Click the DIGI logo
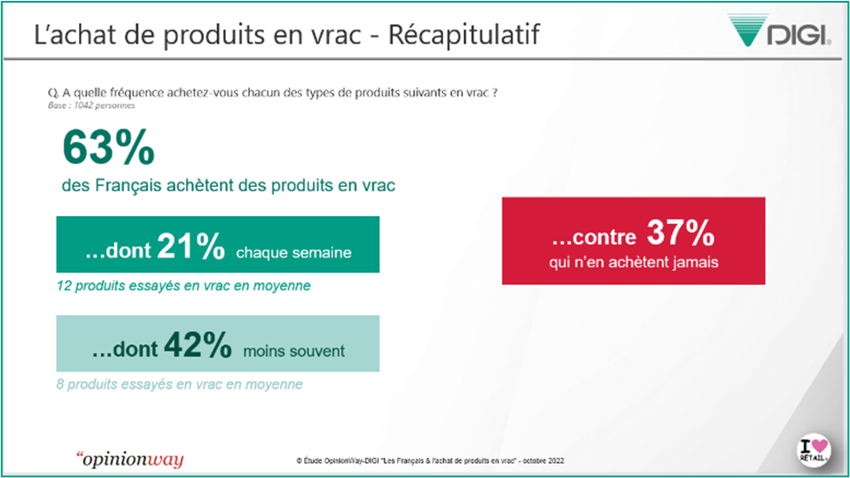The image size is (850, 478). point(779,30)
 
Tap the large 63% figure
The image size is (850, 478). point(108,147)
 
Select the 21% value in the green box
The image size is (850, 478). point(191,246)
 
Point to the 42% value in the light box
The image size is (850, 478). point(198,344)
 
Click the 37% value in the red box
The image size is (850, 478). point(681,233)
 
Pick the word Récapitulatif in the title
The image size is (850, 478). point(464,35)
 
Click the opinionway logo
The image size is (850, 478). point(130,459)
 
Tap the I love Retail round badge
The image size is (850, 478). point(814,451)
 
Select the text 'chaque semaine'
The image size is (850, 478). point(293,252)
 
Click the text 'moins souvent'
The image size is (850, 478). point(293,351)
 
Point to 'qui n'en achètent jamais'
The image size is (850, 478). point(634,263)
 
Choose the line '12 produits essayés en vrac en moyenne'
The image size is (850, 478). point(183,286)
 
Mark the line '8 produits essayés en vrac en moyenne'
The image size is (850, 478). point(179,384)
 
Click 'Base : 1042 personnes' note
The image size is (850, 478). point(91,105)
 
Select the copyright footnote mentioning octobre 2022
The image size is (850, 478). point(430,460)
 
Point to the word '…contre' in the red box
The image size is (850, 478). point(594,237)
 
